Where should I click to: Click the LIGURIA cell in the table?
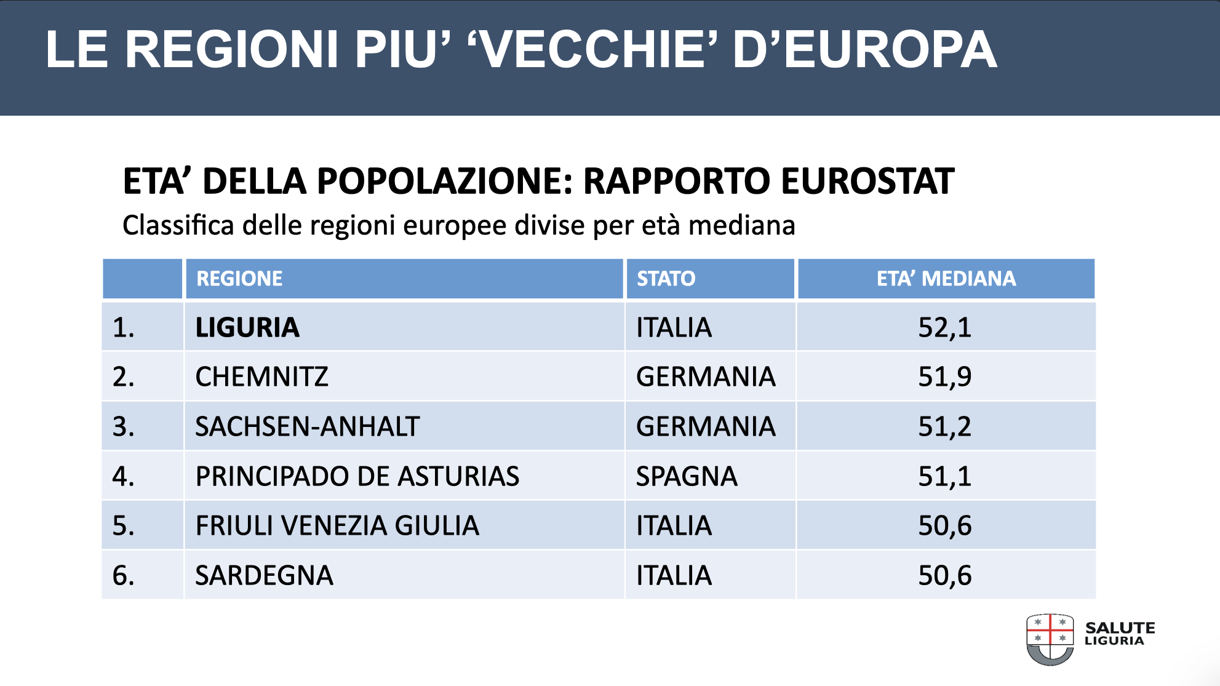click(247, 327)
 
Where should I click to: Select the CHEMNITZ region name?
click(261, 377)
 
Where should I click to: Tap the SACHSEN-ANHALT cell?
click(307, 426)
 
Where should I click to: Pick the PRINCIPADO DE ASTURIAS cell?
click(357, 476)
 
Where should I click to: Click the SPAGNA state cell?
click(687, 476)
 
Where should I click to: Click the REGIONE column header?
click(239, 279)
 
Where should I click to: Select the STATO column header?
click(666, 279)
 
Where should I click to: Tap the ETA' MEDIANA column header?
click(946, 279)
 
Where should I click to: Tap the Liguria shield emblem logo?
click(1050, 639)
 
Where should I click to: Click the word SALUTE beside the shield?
click(1120, 628)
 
